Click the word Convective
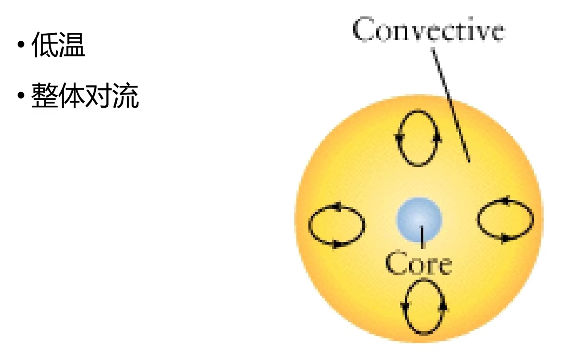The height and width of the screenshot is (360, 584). [429, 29]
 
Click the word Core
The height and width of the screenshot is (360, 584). [418, 263]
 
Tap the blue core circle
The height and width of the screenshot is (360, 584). [419, 220]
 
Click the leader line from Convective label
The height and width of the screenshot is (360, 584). [451, 105]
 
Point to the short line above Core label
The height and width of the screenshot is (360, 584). [422, 237]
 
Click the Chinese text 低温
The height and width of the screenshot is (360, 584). [58, 45]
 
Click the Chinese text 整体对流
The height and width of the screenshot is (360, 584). [85, 95]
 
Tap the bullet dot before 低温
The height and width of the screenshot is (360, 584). [21, 44]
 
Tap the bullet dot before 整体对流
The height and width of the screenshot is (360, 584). [21, 95]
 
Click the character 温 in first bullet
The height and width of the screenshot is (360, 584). [72, 45]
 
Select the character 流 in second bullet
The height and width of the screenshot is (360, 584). [126, 95]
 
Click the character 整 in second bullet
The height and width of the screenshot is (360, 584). [44, 95]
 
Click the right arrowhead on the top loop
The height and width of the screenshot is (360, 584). [438, 138]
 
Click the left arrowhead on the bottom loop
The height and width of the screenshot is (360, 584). [405, 306]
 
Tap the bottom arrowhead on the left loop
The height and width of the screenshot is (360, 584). [336, 245]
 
